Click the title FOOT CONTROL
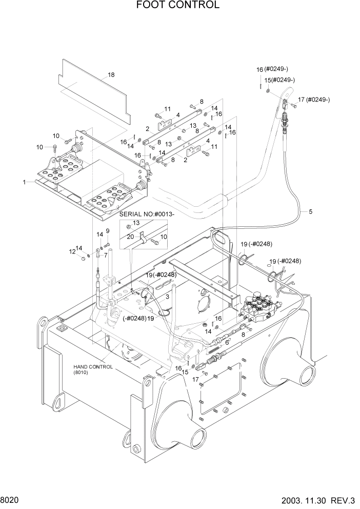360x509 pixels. [x=178, y=6]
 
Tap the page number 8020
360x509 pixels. [x=11, y=499]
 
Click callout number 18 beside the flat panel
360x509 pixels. [x=111, y=75]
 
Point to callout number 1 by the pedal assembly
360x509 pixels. [x=24, y=182]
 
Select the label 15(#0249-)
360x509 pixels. [x=279, y=80]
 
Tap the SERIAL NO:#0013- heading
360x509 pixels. [x=147, y=213]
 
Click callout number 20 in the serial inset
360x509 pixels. [x=130, y=237]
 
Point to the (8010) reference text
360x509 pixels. [x=81, y=374]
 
